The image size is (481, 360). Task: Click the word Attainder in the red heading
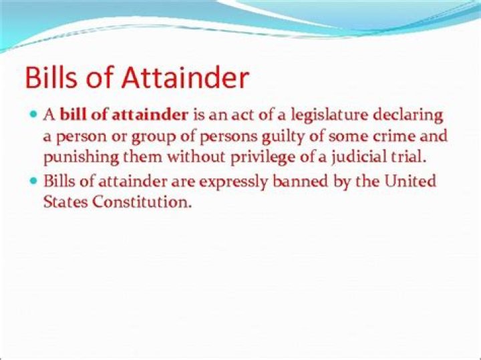(x=184, y=78)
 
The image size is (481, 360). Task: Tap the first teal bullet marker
(x=34, y=114)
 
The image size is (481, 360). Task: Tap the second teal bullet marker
(x=34, y=180)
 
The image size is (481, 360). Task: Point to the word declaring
(x=410, y=115)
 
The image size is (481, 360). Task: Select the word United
(x=412, y=181)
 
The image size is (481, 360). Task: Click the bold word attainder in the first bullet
(x=150, y=115)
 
